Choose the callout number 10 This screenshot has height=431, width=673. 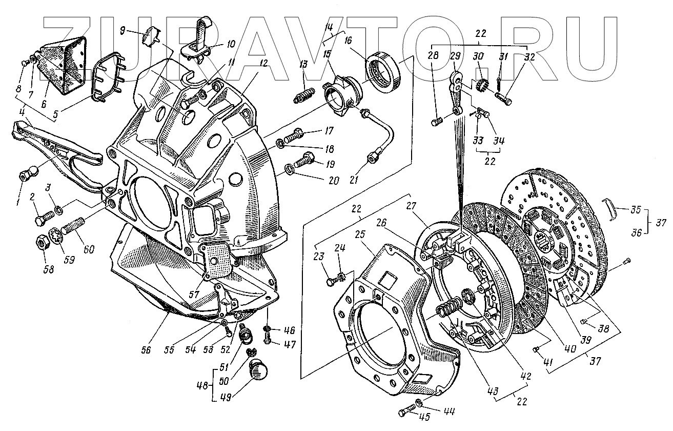click(231, 45)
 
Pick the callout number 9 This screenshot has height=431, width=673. click(121, 30)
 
